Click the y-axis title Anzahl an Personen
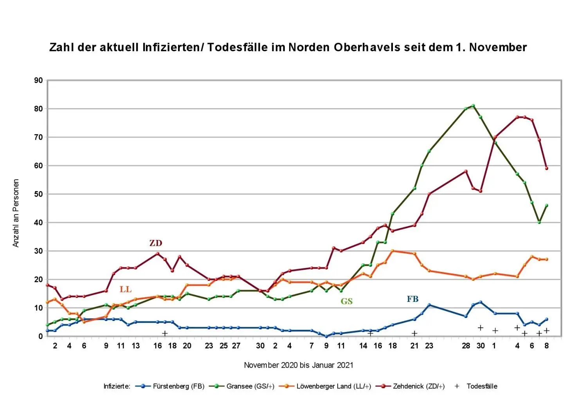tap(16, 213)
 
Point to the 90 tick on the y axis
tap(38, 81)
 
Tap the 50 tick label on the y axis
tap(38, 194)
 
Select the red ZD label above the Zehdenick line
tap(155, 243)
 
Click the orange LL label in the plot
tap(125, 290)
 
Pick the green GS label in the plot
tap(346, 301)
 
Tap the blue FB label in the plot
tap(412, 300)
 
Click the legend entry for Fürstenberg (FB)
tap(178, 386)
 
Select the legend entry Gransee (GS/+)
tap(250, 386)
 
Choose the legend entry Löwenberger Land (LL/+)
tap(333, 386)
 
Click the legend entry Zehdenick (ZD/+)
tap(418, 386)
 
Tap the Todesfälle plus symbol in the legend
tap(457, 386)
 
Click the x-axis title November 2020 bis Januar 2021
tap(298, 365)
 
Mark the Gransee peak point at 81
tap(473, 106)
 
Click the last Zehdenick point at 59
tap(547, 168)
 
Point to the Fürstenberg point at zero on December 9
tap(326, 336)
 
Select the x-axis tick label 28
tap(466, 346)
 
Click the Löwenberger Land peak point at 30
tap(393, 251)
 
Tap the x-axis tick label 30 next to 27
tap(260, 346)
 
